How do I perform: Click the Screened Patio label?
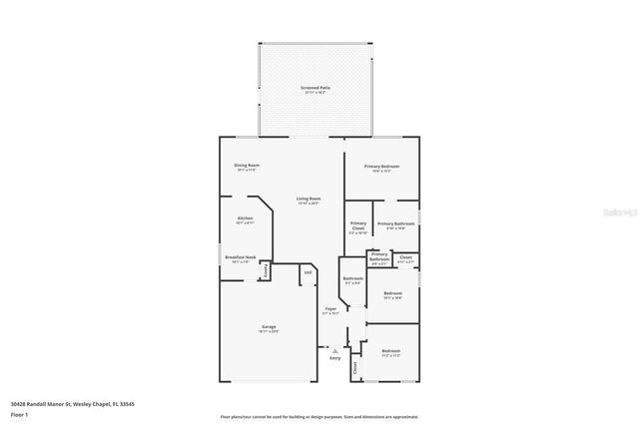click(315, 90)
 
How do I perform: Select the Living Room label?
click(308, 200)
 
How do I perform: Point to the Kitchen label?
click(245, 219)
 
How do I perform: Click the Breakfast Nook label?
click(241, 258)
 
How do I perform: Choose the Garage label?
click(269, 327)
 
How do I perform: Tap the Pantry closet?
click(266, 270)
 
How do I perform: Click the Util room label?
click(308, 271)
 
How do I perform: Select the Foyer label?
click(329, 310)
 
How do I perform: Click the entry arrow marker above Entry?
click(335, 350)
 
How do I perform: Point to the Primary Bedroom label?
click(382, 167)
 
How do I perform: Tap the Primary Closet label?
click(357, 227)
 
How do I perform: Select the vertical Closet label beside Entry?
click(355, 367)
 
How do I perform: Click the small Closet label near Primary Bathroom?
click(404, 259)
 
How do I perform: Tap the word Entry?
click(334, 358)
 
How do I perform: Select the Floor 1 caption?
click(19, 413)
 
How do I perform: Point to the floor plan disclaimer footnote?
click(319, 417)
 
